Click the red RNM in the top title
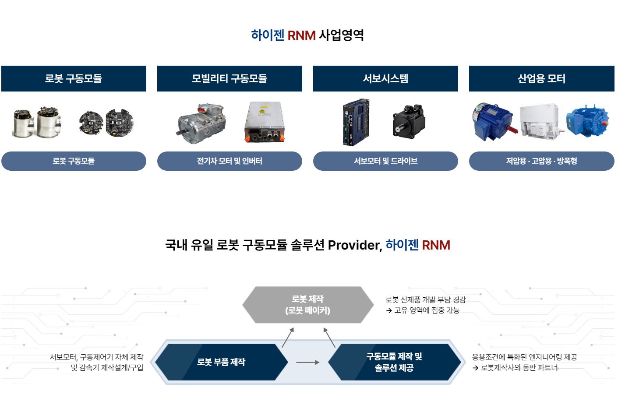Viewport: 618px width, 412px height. [x=301, y=35]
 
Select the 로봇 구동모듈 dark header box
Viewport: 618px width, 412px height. [x=74, y=79]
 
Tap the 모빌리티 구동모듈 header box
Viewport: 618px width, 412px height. [x=230, y=79]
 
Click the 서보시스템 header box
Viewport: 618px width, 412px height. [x=385, y=79]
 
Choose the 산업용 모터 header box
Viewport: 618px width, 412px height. [x=542, y=79]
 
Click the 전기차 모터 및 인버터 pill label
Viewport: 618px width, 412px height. [x=230, y=161]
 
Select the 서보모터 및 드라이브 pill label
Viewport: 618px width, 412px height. [x=385, y=161]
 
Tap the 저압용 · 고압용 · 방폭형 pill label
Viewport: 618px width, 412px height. [x=542, y=161]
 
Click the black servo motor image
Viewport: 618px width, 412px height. [x=409, y=121]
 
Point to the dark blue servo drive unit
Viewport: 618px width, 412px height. [x=356, y=122]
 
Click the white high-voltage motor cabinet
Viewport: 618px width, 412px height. [x=540, y=122]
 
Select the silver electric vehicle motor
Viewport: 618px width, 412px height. [x=201, y=123]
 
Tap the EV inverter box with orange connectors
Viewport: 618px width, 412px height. [x=265, y=122]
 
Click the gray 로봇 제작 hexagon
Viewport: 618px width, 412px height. [x=308, y=305]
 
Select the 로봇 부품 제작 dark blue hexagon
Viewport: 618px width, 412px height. [x=221, y=362]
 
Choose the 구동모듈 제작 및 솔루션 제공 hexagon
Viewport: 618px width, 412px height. [x=394, y=362]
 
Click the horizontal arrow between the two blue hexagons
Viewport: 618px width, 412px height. [x=307, y=363]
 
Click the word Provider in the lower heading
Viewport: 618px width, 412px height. [x=355, y=245]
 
